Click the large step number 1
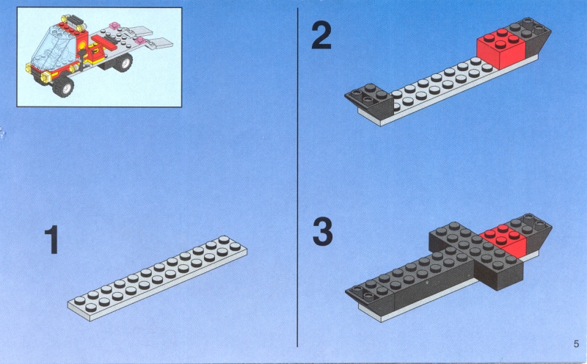point(51,239)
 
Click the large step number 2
point(321,34)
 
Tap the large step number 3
point(322,232)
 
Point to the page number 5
point(576,343)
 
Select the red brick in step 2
point(501,49)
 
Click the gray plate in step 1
point(157,278)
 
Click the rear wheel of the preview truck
point(123,62)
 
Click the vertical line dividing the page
point(298,177)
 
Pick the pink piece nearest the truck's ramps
point(141,40)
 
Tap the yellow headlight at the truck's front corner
point(45,78)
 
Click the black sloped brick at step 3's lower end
point(371,298)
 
